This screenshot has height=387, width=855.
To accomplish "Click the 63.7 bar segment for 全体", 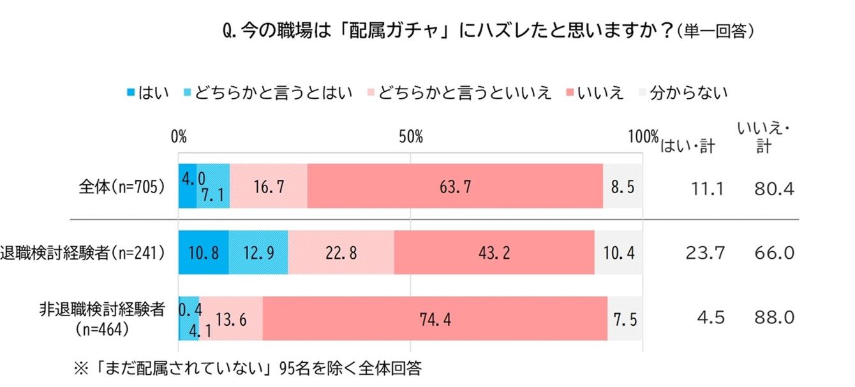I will tap(455, 186).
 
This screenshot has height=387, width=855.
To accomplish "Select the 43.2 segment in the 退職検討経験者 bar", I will tap(494, 252).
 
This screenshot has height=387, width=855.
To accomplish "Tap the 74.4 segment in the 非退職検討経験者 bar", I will tap(435, 318).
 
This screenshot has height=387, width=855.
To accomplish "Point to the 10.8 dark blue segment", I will tap(204, 252).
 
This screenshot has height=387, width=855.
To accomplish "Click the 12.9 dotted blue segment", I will tap(258, 252).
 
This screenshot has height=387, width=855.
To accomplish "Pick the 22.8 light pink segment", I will tap(341, 252).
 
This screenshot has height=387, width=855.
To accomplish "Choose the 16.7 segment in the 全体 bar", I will tap(269, 186).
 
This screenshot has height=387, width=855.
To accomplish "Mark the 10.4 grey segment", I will tap(618, 252).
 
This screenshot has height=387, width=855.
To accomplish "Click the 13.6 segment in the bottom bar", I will tap(230, 318).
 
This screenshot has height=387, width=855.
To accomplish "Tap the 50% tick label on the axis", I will tap(410, 137).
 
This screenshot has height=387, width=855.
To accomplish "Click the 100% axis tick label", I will tap(643, 137).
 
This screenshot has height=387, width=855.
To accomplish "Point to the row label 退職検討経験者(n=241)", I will tap(84, 253).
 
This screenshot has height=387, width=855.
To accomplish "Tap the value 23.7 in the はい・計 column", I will tap(704, 253).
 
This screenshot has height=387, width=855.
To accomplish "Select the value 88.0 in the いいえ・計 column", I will tap(775, 318).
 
